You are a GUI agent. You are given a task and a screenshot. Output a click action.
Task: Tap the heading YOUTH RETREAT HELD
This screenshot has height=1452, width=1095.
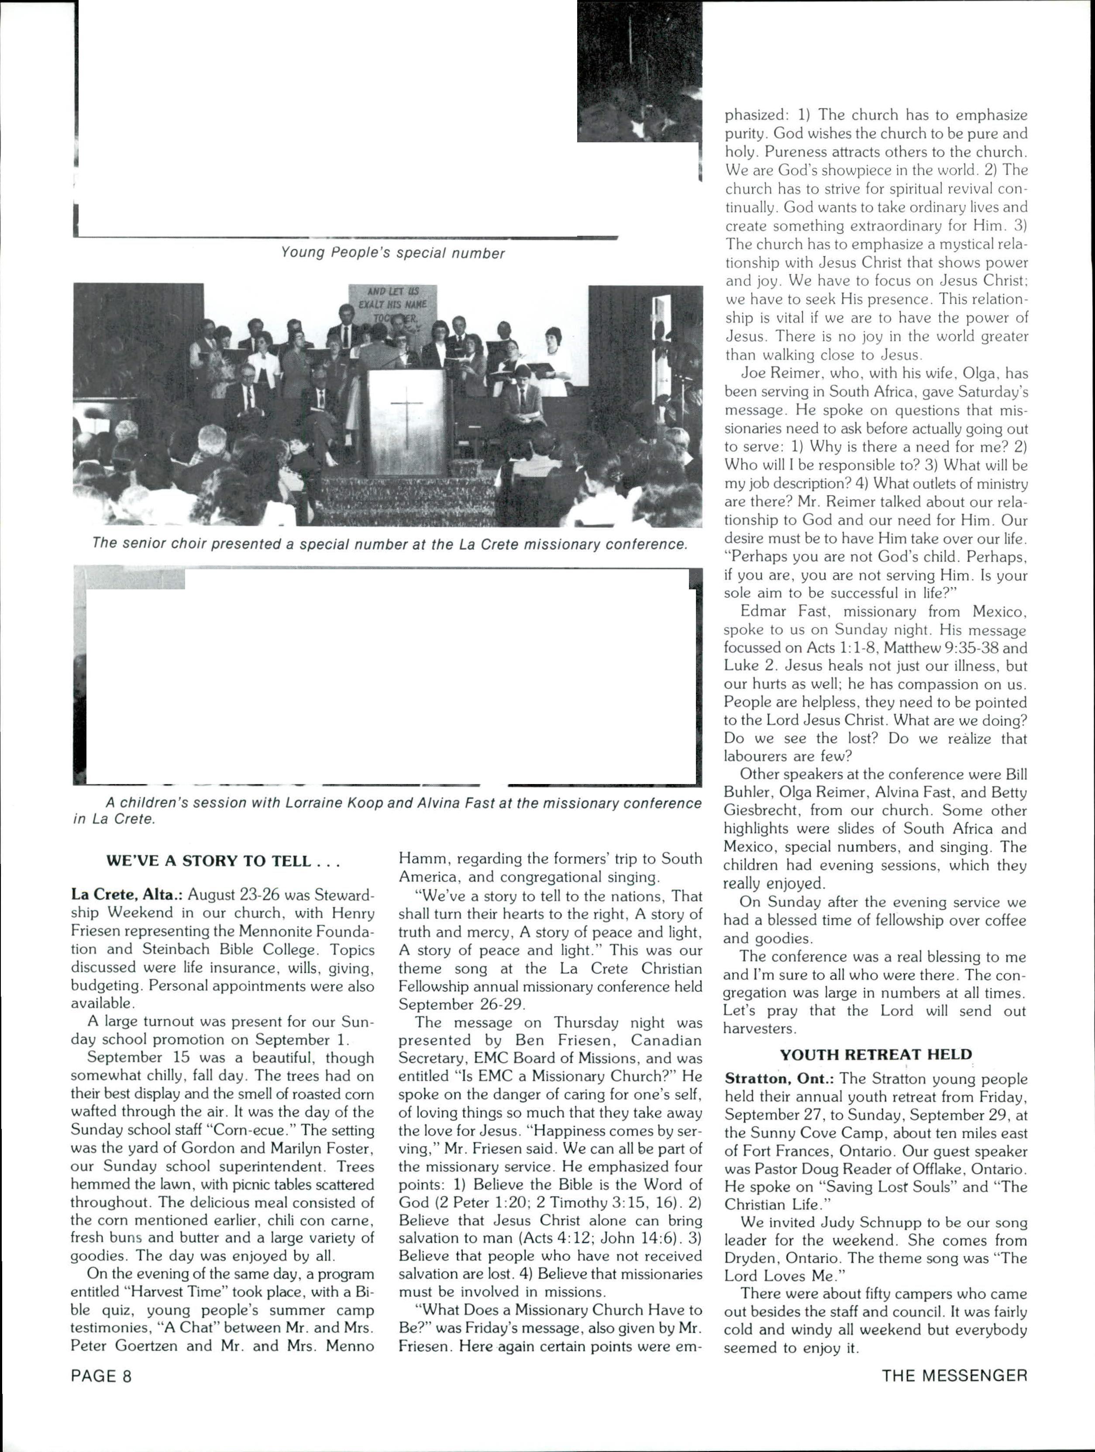(x=876, y=1054)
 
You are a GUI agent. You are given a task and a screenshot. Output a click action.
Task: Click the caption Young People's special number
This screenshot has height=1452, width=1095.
(x=393, y=253)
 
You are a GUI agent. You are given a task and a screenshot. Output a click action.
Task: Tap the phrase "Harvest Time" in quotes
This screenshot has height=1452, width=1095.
(x=182, y=1292)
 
